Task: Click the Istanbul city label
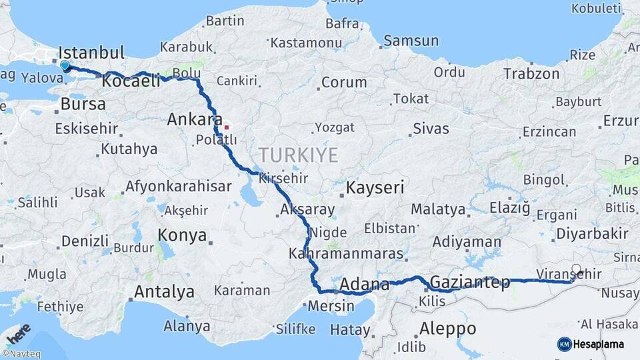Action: pyautogui.click(x=92, y=53)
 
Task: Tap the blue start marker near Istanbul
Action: pyautogui.click(x=65, y=66)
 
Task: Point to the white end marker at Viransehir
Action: pyautogui.click(x=576, y=270)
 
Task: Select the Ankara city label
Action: pyautogui.click(x=194, y=120)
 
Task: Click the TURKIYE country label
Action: pyautogui.click(x=298, y=155)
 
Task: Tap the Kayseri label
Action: pyautogui.click(x=375, y=188)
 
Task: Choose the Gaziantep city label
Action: pyautogui.click(x=470, y=282)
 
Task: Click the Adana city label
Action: pyautogui.click(x=364, y=285)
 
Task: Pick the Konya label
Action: pyautogui.click(x=182, y=235)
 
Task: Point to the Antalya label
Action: pyautogui.click(x=165, y=292)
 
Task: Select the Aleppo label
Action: pyautogui.click(x=448, y=329)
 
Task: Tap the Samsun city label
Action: pyautogui.click(x=411, y=41)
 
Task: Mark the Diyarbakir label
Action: pyautogui.click(x=592, y=234)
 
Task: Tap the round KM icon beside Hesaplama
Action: pyautogui.click(x=565, y=344)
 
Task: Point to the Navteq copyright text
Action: pyautogui.click(x=21, y=354)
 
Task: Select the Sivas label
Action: pyautogui.click(x=431, y=129)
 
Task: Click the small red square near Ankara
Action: pyautogui.click(x=227, y=125)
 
